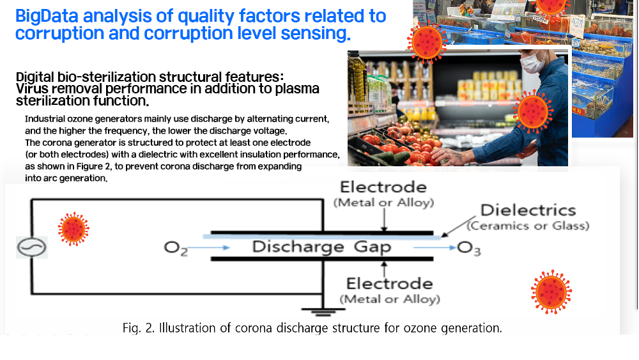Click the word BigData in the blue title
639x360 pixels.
[x=47, y=17]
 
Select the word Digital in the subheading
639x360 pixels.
[x=35, y=77]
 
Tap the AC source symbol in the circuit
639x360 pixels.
[x=32, y=247]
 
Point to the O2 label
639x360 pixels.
[x=176, y=248]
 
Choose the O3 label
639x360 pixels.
[x=469, y=248]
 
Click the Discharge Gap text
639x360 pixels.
[x=321, y=247]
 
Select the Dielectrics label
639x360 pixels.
[x=528, y=210]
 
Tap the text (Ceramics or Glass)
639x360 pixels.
[x=528, y=226]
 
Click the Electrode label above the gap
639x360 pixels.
[x=383, y=187]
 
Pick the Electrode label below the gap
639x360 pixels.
[x=390, y=284]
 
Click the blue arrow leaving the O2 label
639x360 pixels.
[x=208, y=247]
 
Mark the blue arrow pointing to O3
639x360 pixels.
[x=435, y=247]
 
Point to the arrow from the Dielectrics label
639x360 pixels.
[x=458, y=226]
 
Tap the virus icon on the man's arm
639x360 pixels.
[x=533, y=111]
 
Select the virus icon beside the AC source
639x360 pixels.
[x=73, y=229]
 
